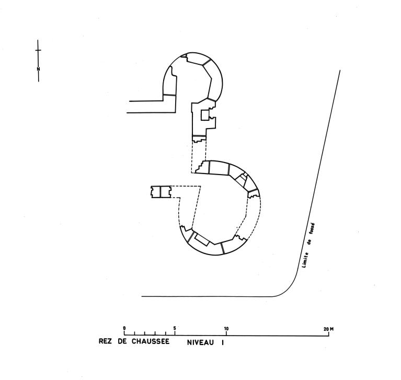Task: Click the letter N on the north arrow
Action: click(x=38, y=69)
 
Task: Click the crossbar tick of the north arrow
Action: click(x=38, y=50)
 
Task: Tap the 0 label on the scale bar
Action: click(x=124, y=328)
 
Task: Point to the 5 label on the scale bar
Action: click(x=175, y=328)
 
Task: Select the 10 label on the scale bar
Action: click(x=226, y=329)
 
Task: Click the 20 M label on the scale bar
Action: click(x=328, y=329)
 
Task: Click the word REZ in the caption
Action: click(x=105, y=341)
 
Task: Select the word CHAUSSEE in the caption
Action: click(x=151, y=341)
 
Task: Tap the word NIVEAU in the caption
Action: click(x=200, y=342)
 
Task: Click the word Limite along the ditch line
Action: click(x=305, y=260)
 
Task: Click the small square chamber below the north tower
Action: click(x=205, y=115)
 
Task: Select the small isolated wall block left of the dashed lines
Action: click(x=161, y=192)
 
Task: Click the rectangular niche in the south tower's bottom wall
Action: click(x=201, y=239)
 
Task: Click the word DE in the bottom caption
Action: click(x=122, y=341)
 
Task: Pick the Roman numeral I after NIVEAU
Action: click(x=222, y=342)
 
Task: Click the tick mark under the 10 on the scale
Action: click(x=226, y=333)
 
